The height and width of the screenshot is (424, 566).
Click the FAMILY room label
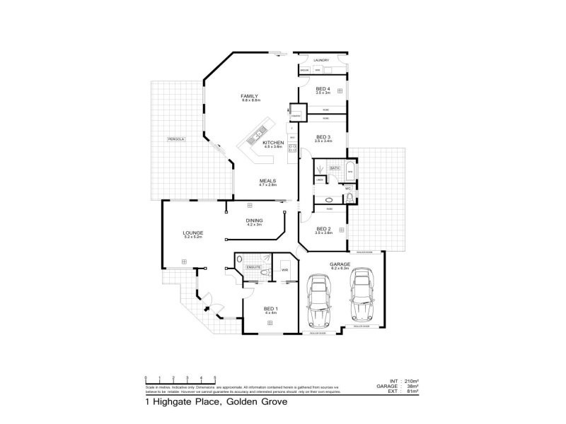(x=249, y=95)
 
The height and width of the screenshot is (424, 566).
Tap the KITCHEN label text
(x=273, y=143)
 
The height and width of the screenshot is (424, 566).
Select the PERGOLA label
(x=175, y=139)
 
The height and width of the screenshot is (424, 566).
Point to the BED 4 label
(x=323, y=88)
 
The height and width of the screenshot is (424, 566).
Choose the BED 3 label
(x=323, y=136)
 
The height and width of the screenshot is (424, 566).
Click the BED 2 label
(x=324, y=228)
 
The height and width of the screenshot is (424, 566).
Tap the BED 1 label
(x=270, y=309)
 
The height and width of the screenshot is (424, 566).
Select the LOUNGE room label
(x=193, y=232)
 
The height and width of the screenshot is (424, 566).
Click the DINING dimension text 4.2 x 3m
(x=255, y=225)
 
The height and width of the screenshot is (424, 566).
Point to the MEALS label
(x=267, y=180)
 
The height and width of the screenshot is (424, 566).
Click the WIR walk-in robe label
(x=284, y=270)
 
